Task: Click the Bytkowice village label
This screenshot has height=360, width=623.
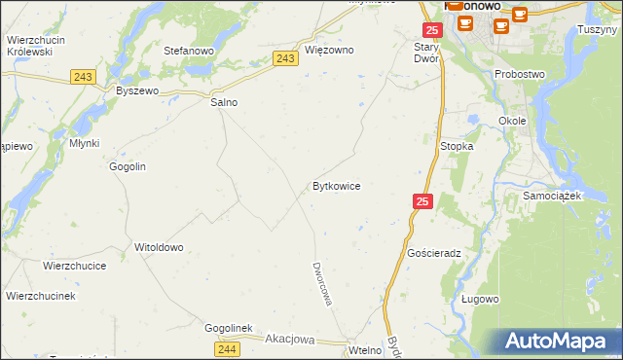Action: click(x=336, y=185)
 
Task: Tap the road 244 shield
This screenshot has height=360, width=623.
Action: click(x=227, y=349)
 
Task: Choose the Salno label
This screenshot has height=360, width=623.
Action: click(x=225, y=101)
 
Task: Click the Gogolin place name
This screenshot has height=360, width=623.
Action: click(x=128, y=166)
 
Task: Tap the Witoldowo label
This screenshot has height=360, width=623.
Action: click(x=159, y=247)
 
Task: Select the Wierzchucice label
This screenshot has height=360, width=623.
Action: click(x=74, y=265)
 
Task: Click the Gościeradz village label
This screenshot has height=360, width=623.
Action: click(x=434, y=252)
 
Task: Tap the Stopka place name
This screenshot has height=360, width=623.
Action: click(x=457, y=146)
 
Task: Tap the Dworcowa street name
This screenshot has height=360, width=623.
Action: click(x=322, y=283)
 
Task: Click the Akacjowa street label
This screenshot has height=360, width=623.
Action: click(x=290, y=340)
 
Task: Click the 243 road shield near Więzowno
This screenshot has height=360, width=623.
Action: click(x=285, y=59)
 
